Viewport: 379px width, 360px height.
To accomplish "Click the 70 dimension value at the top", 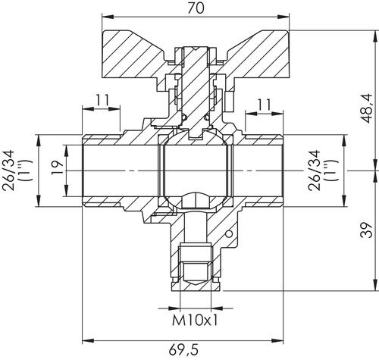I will (x=196, y=8).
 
